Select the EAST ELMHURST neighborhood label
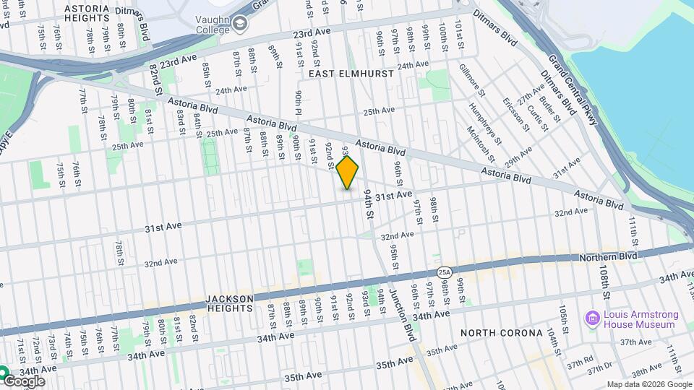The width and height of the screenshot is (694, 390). [351, 74]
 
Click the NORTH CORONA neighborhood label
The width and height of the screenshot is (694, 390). [501, 333]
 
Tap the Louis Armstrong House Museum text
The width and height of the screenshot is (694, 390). [641, 319]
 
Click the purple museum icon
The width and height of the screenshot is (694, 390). [593, 318]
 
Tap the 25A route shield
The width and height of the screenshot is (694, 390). [445, 272]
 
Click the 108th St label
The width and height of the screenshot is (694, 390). [604, 285]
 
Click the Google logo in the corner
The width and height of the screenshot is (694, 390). [23, 381]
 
